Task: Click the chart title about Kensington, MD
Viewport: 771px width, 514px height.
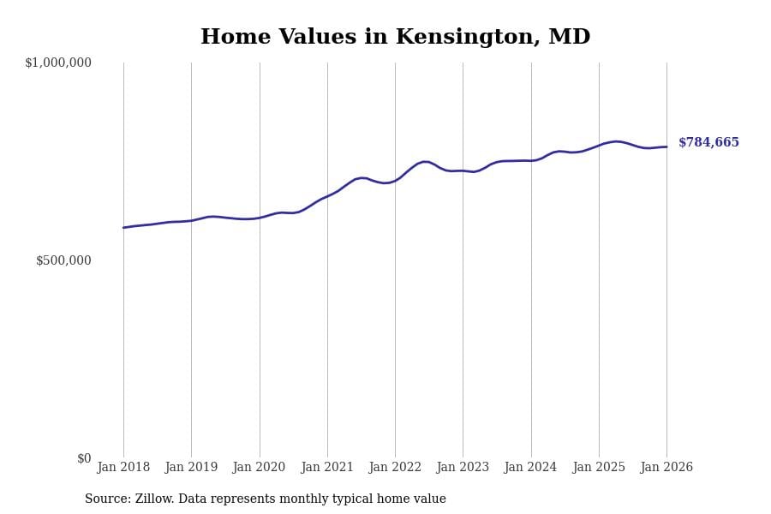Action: pyautogui.click(x=395, y=38)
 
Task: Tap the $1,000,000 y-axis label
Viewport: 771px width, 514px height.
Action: pyautogui.click(x=58, y=63)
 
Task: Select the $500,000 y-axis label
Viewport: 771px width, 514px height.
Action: pyautogui.click(x=63, y=260)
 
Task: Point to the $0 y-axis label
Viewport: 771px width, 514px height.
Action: pyautogui.click(x=84, y=458)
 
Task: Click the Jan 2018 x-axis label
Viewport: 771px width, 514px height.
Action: pyautogui.click(x=123, y=468)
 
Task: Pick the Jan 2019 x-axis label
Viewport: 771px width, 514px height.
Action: pyautogui.click(x=191, y=468)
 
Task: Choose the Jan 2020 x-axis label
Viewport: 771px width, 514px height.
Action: pyautogui.click(x=260, y=468)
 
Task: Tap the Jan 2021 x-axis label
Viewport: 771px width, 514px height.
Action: pyautogui.click(x=327, y=468)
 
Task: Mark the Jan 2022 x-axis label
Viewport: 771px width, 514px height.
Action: pyautogui.click(x=395, y=468)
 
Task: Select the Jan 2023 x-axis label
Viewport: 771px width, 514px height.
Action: pyautogui.click(x=463, y=468)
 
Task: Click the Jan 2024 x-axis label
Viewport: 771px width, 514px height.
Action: pyautogui.click(x=531, y=468)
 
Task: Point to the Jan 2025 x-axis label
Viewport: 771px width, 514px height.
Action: pyautogui.click(x=599, y=468)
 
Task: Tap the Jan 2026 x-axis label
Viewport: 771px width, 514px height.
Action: pyautogui.click(x=666, y=468)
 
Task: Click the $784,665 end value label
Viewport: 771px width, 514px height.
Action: pyautogui.click(x=708, y=143)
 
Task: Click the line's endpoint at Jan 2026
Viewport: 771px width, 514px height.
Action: pyautogui.click(x=666, y=146)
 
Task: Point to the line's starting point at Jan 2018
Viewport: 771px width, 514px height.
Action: pyautogui.click(x=123, y=228)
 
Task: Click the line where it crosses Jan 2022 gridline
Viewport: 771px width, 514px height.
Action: pyautogui.click(x=395, y=180)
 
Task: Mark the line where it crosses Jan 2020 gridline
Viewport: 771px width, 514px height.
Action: pyautogui.click(x=260, y=218)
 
